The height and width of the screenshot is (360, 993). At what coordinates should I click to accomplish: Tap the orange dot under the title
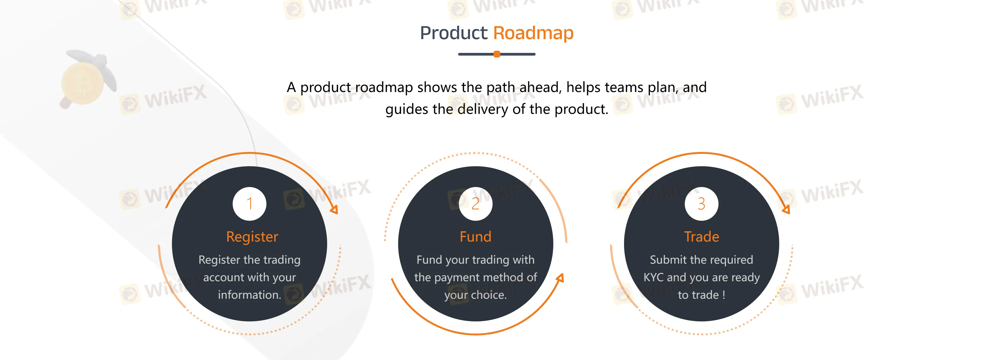click(x=497, y=54)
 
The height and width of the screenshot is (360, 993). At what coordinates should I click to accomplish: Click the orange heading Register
click(x=252, y=237)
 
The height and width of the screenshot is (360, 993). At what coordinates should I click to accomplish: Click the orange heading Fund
click(x=476, y=236)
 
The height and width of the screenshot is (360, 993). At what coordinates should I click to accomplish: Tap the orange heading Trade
click(x=701, y=236)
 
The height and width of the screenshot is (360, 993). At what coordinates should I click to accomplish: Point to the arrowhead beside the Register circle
click(x=334, y=209)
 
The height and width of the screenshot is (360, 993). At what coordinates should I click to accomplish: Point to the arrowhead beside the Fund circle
click(x=560, y=278)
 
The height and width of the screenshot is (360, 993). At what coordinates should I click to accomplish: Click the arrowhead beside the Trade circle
click(x=786, y=209)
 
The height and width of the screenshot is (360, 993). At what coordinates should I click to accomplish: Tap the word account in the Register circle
click(x=223, y=277)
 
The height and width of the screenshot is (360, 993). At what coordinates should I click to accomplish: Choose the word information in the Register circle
click(x=249, y=295)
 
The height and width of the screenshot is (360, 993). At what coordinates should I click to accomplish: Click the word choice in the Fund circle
click(x=489, y=295)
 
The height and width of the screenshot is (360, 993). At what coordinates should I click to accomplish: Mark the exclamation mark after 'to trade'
click(x=724, y=295)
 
